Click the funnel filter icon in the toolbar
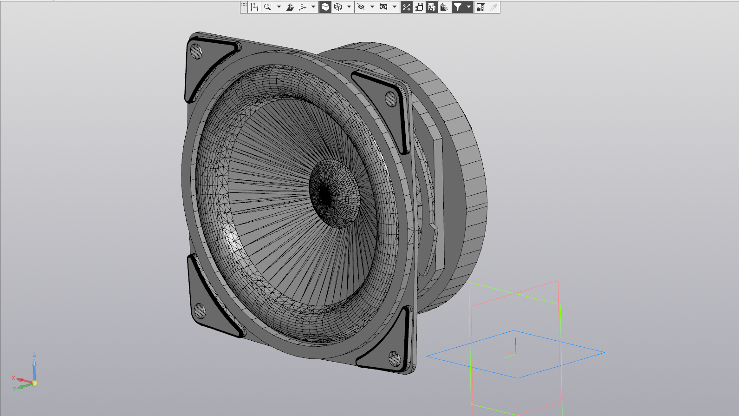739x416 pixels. click(458, 7)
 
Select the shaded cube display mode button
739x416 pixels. click(325, 7)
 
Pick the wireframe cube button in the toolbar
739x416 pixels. click(338, 7)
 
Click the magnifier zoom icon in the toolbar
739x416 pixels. click(267, 7)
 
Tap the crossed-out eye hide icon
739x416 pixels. click(361, 7)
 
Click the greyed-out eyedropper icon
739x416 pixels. click(493, 7)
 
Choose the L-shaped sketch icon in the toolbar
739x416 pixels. click(254, 7)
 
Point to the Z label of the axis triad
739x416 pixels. click(34, 355)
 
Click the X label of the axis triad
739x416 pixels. click(13, 378)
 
